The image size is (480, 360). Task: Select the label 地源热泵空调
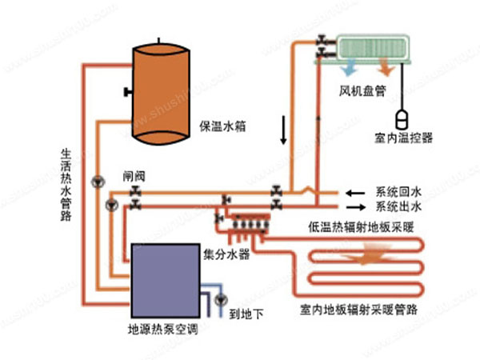click(x=163, y=330)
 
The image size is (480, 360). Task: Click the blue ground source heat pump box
click(x=164, y=279)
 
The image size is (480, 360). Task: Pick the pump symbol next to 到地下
click(x=221, y=300)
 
